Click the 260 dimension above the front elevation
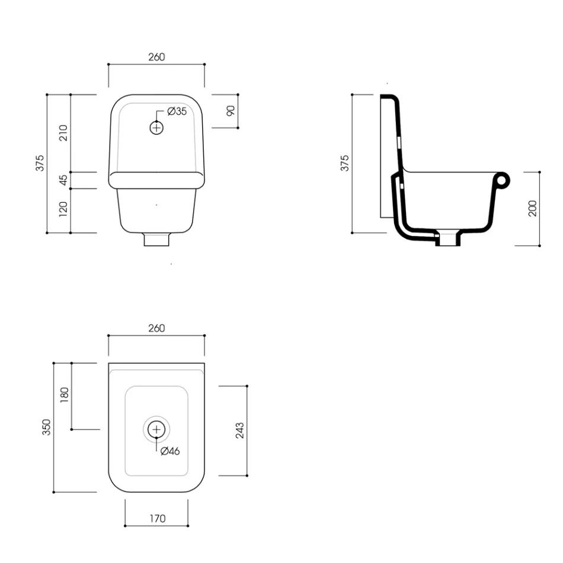(x=156, y=57)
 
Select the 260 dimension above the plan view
(x=156, y=328)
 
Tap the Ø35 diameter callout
(x=177, y=111)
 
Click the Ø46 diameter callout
(x=170, y=451)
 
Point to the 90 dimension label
(x=231, y=110)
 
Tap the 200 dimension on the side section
(x=532, y=208)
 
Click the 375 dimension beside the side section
(x=345, y=163)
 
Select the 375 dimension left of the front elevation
(x=39, y=163)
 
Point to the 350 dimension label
(x=47, y=427)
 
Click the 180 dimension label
(x=64, y=395)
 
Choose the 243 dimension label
(x=239, y=430)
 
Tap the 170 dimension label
(x=156, y=519)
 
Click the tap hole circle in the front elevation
(x=156, y=127)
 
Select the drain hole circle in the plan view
(x=156, y=429)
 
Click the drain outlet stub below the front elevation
(x=156, y=240)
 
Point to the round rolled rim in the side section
(x=503, y=180)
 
